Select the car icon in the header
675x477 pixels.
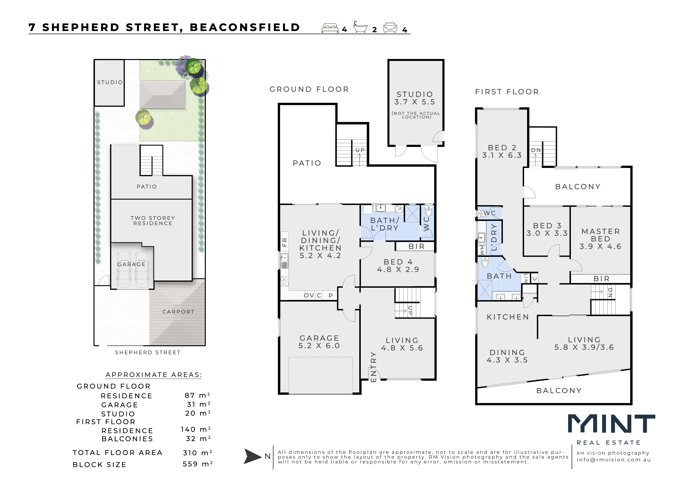tap(390, 28)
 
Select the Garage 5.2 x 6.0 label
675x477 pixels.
tap(319, 342)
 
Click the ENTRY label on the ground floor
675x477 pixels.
tap(373, 367)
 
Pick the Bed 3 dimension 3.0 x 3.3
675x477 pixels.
tap(547, 233)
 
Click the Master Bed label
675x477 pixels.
tap(601, 235)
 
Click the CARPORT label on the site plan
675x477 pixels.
tap(178, 312)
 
